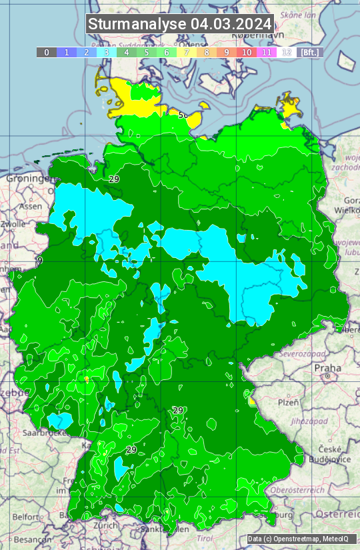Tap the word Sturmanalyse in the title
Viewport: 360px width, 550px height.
coord(138,24)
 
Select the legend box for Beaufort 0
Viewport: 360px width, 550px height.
coord(47,52)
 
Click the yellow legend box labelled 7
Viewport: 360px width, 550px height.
coord(187,52)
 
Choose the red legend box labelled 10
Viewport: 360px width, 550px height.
coord(247,52)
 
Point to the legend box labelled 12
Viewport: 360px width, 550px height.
coord(287,52)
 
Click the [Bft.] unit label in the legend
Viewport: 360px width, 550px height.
coord(310,52)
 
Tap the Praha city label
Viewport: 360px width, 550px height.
coord(327,368)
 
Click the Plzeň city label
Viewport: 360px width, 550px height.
coord(287,402)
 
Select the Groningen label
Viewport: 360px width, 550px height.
coord(28,179)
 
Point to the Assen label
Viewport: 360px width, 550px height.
coord(30,207)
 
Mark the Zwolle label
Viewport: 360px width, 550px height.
coord(13,224)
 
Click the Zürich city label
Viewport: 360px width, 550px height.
coord(106,525)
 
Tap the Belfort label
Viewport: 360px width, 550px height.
coord(26,516)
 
